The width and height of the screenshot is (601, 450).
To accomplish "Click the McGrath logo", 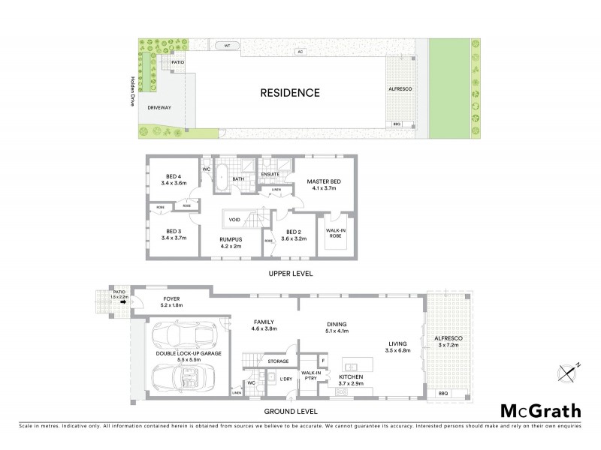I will pyautogui.click(x=540, y=410).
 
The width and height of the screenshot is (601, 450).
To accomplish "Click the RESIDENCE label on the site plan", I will pyautogui.click(x=290, y=94).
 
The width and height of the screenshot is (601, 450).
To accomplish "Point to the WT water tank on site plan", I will pyautogui.click(x=227, y=46).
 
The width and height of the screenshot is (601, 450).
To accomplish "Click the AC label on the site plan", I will pyautogui.click(x=299, y=53).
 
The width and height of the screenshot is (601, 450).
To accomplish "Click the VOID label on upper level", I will pyautogui.click(x=235, y=220).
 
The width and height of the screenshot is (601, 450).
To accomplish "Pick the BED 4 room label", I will pyautogui.click(x=176, y=179).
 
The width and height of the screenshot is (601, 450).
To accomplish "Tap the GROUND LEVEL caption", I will pyautogui.click(x=291, y=412).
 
